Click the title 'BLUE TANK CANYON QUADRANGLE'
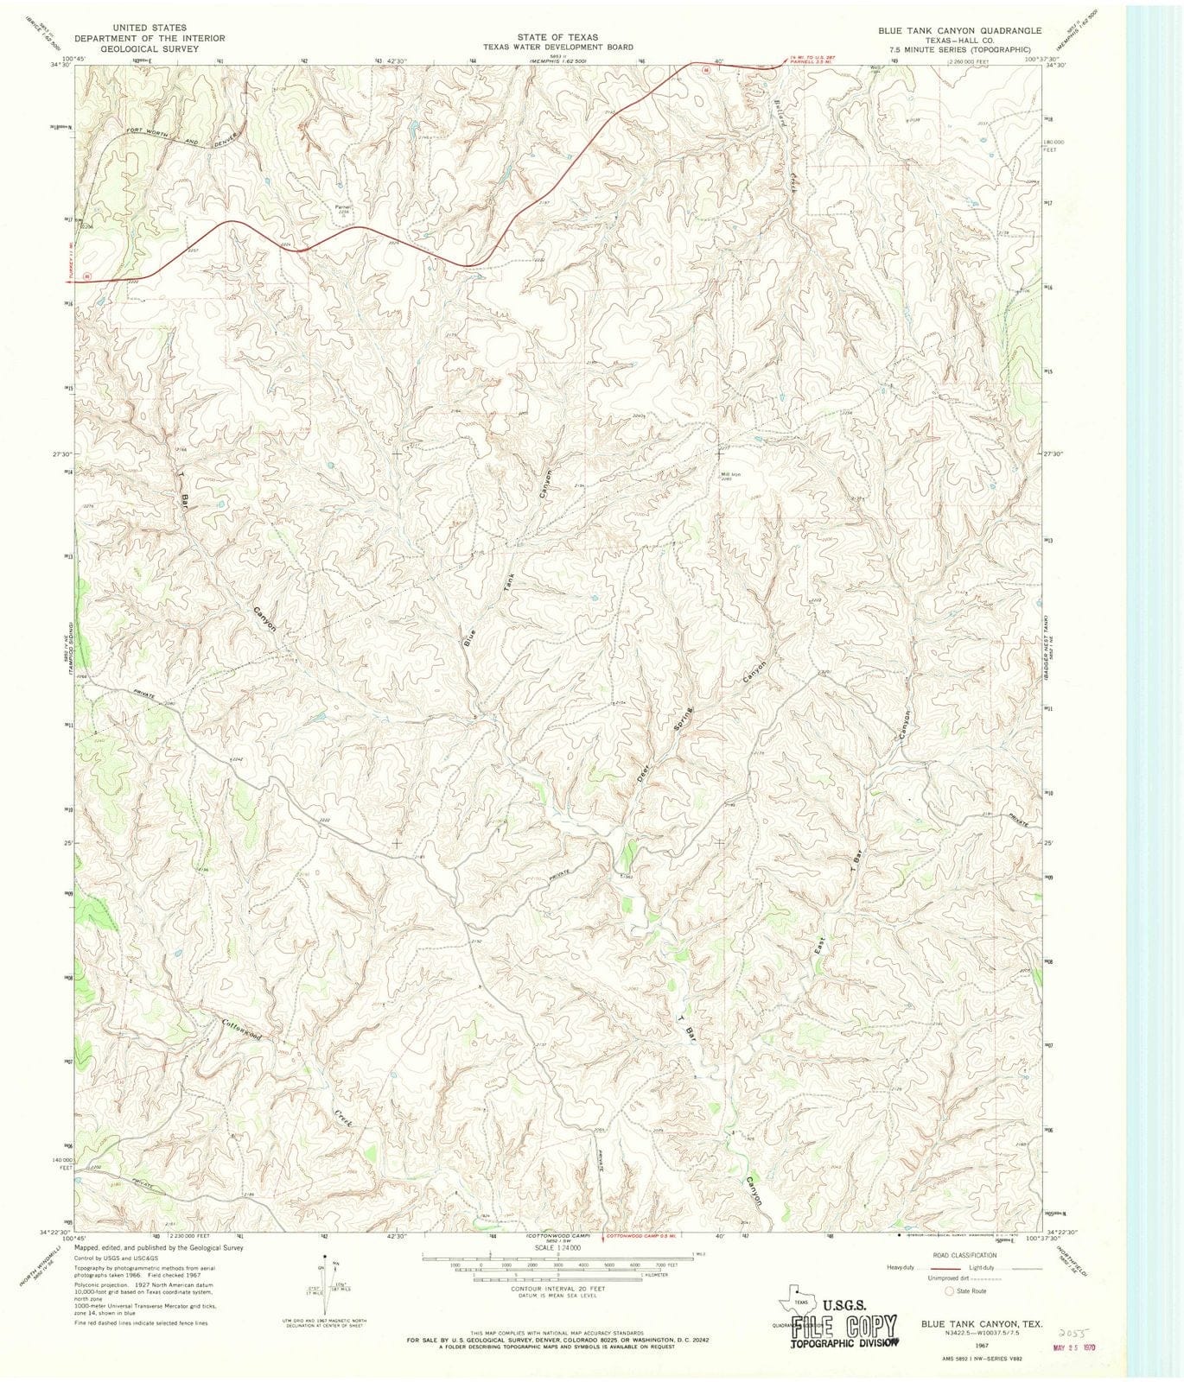959,30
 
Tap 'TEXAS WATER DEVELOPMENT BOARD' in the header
557,48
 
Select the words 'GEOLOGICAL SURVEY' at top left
150,49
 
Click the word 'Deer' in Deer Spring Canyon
643,771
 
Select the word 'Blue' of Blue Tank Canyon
469,637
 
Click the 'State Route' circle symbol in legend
950,1290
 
